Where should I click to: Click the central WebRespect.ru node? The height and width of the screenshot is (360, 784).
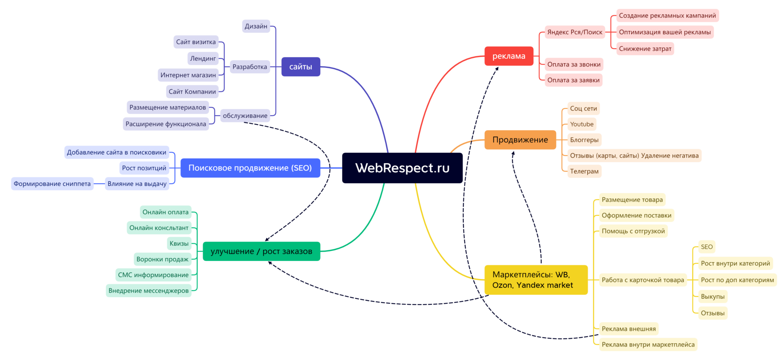[402, 168]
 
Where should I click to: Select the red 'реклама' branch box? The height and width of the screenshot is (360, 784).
[509, 56]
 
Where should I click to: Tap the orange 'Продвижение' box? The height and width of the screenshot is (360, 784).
[520, 140]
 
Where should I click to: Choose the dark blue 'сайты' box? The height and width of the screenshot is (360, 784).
[301, 67]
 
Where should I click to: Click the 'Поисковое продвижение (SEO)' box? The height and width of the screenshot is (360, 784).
[250, 168]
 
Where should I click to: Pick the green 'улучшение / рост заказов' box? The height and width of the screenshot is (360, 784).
[261, 251]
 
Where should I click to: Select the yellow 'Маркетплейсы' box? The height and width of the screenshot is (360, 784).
[536, 280]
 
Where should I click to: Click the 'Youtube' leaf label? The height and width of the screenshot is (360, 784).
[582, 124]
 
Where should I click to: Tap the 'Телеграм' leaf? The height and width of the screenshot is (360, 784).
[584, 171]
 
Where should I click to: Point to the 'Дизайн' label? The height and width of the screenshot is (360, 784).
[256, 26]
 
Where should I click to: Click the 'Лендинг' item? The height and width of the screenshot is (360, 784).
[203, 58]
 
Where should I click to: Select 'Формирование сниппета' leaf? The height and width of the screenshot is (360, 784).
[52, 184]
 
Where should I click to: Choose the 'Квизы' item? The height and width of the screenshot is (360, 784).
[179, 244]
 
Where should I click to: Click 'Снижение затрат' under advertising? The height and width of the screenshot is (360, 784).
[645, 49]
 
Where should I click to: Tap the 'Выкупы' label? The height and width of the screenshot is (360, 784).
[713, 296]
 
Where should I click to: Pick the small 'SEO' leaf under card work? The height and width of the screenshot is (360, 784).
[706, 247]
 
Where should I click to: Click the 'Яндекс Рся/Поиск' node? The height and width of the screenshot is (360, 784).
[575, 32]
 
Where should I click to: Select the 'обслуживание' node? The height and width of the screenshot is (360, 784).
[245, 116]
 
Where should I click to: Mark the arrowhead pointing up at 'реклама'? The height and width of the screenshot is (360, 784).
[497, 69]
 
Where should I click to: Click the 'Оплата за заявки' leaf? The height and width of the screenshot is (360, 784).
[573, 80]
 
